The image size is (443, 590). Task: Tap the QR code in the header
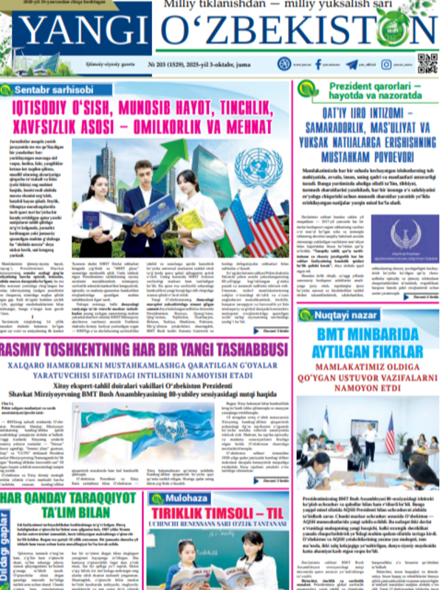(x=427, y=63)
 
